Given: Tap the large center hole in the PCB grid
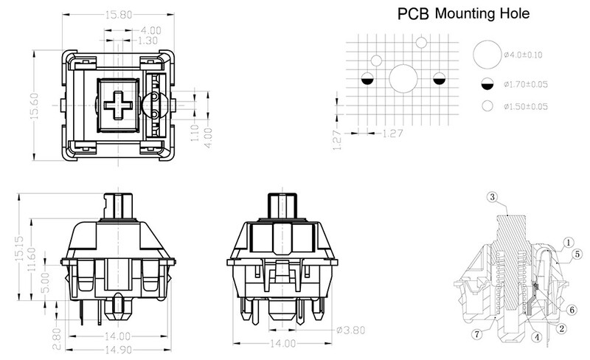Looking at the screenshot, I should pos(403,78).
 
